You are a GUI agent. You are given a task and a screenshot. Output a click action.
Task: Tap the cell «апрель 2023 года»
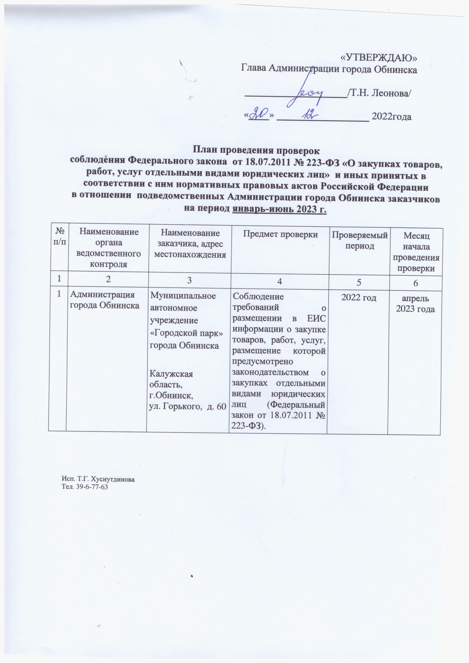pos(415,303)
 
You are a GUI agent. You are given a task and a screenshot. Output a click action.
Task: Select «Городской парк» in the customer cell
pos(187,333)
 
